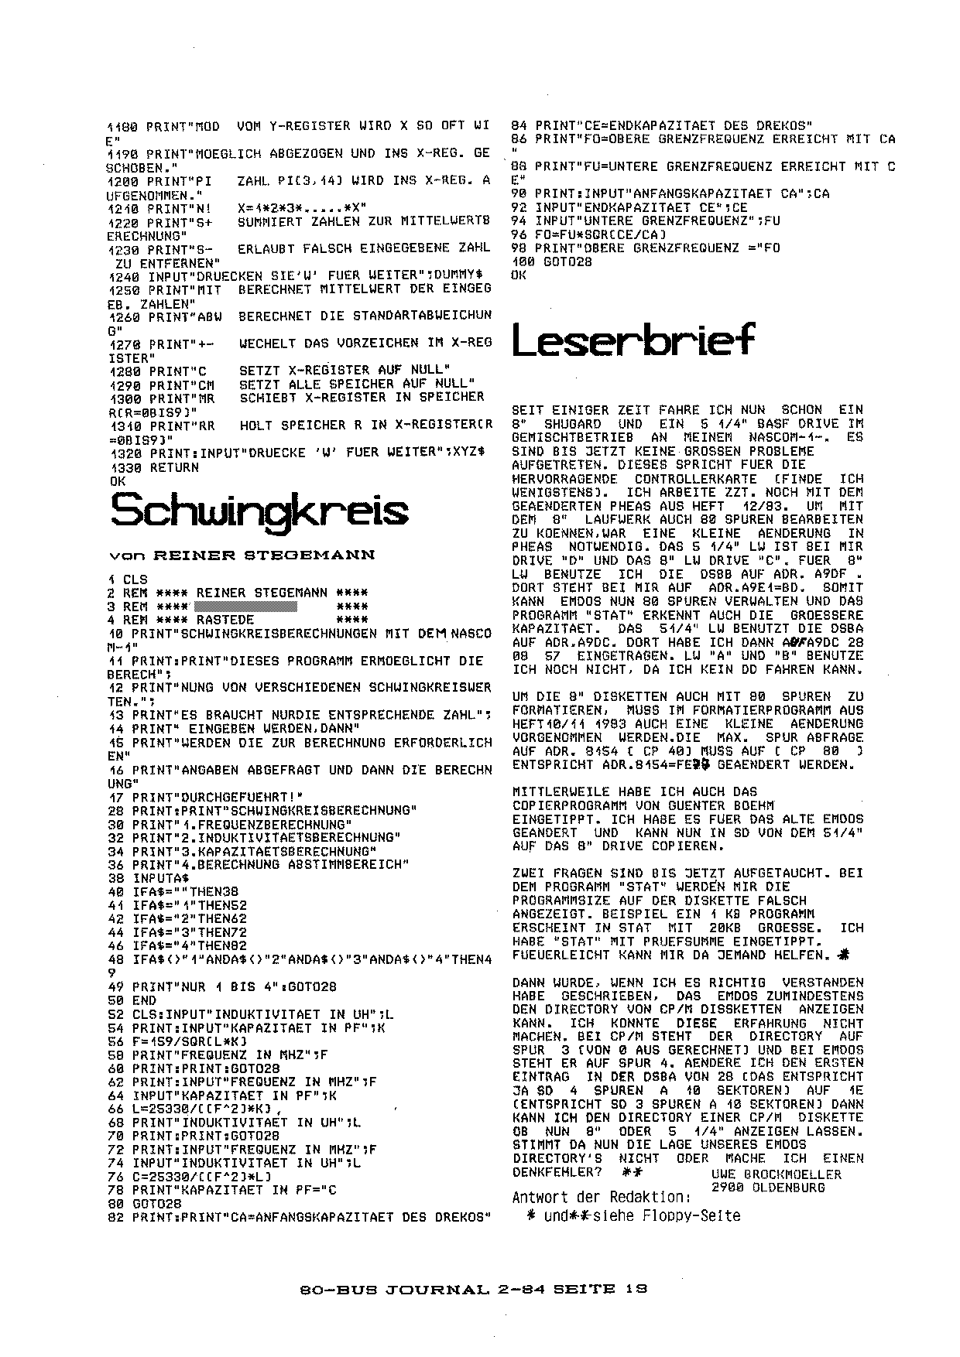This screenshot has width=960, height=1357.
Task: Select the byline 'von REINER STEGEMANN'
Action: coord(242,555)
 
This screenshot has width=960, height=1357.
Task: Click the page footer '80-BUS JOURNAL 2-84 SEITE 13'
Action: coord(472,1290)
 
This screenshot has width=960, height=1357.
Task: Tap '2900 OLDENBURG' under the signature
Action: coord(767,1187)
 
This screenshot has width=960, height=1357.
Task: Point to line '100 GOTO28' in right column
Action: coord(552,261)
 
